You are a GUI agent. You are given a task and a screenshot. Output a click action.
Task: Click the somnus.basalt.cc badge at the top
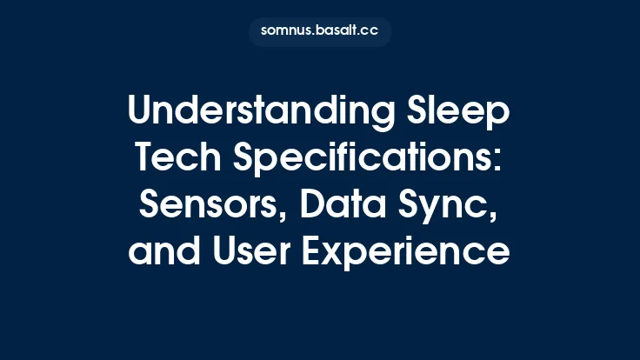320,31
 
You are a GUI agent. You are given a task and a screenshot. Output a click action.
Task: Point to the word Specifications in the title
369,161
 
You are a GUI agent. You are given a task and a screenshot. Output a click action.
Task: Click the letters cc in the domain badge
370,31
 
